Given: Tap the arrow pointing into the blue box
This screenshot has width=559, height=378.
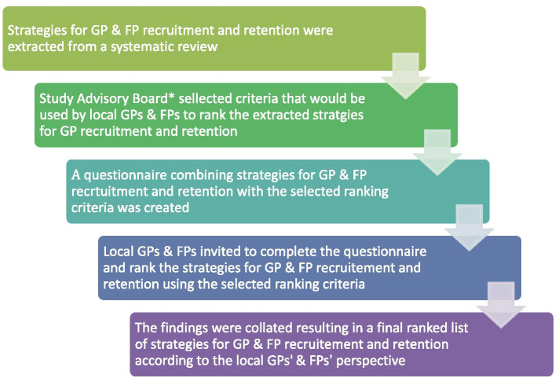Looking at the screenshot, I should [x=466, y=227].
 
